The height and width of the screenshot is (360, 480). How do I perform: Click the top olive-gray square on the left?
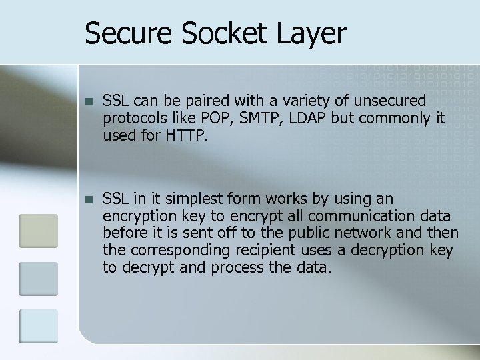coord(38,230)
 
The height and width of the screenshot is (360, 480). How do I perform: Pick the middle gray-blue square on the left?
coord(38,278)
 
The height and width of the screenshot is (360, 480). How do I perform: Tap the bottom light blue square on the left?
coord(38,326)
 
